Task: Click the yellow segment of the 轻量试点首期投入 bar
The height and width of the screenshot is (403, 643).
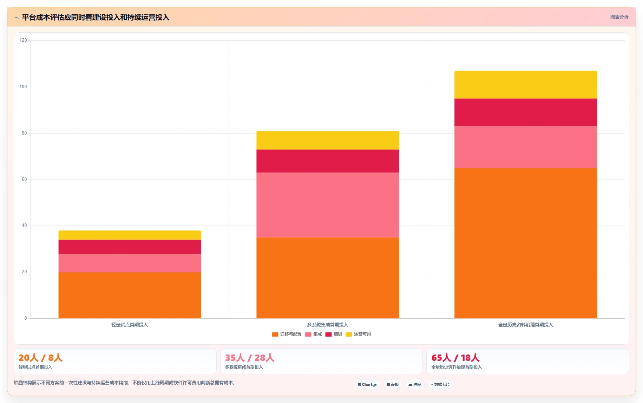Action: tap(130, 235)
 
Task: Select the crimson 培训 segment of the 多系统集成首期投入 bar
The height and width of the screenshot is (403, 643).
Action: tap(328, 161)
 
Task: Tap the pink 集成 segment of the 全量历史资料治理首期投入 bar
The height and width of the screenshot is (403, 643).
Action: tap(525, 147)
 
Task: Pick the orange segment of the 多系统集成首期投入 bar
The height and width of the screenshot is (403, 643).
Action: tap(328, 278)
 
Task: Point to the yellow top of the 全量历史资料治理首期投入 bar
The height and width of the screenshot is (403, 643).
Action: tap(525, 85)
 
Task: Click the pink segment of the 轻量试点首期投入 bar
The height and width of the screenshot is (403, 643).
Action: tap(130, 263)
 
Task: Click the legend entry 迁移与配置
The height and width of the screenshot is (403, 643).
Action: tap(287, 334)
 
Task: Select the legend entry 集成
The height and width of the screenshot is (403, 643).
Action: tap(313, 334)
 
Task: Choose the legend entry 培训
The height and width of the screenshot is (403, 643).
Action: tap(334, 334)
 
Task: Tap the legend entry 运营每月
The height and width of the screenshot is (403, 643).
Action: tap(358, 334)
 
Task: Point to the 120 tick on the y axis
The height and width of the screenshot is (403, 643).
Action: tap(23, 40)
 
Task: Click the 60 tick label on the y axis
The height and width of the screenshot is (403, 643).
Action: tap(24, 180)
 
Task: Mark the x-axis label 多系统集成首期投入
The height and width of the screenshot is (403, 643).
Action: tap(328, 325)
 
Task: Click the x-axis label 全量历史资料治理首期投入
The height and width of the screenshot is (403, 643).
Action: tap(525, 325)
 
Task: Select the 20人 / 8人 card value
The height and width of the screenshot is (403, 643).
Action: tap(40, 358)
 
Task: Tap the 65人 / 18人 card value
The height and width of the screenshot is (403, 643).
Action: tap(455, 358)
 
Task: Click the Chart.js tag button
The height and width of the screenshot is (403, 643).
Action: tap(367, 384)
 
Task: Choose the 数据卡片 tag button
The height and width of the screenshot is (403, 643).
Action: tap(440, 384)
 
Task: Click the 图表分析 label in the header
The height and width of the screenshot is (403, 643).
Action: tap(619, 17)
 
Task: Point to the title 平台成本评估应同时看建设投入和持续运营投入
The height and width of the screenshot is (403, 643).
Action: tap(96, 17)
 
